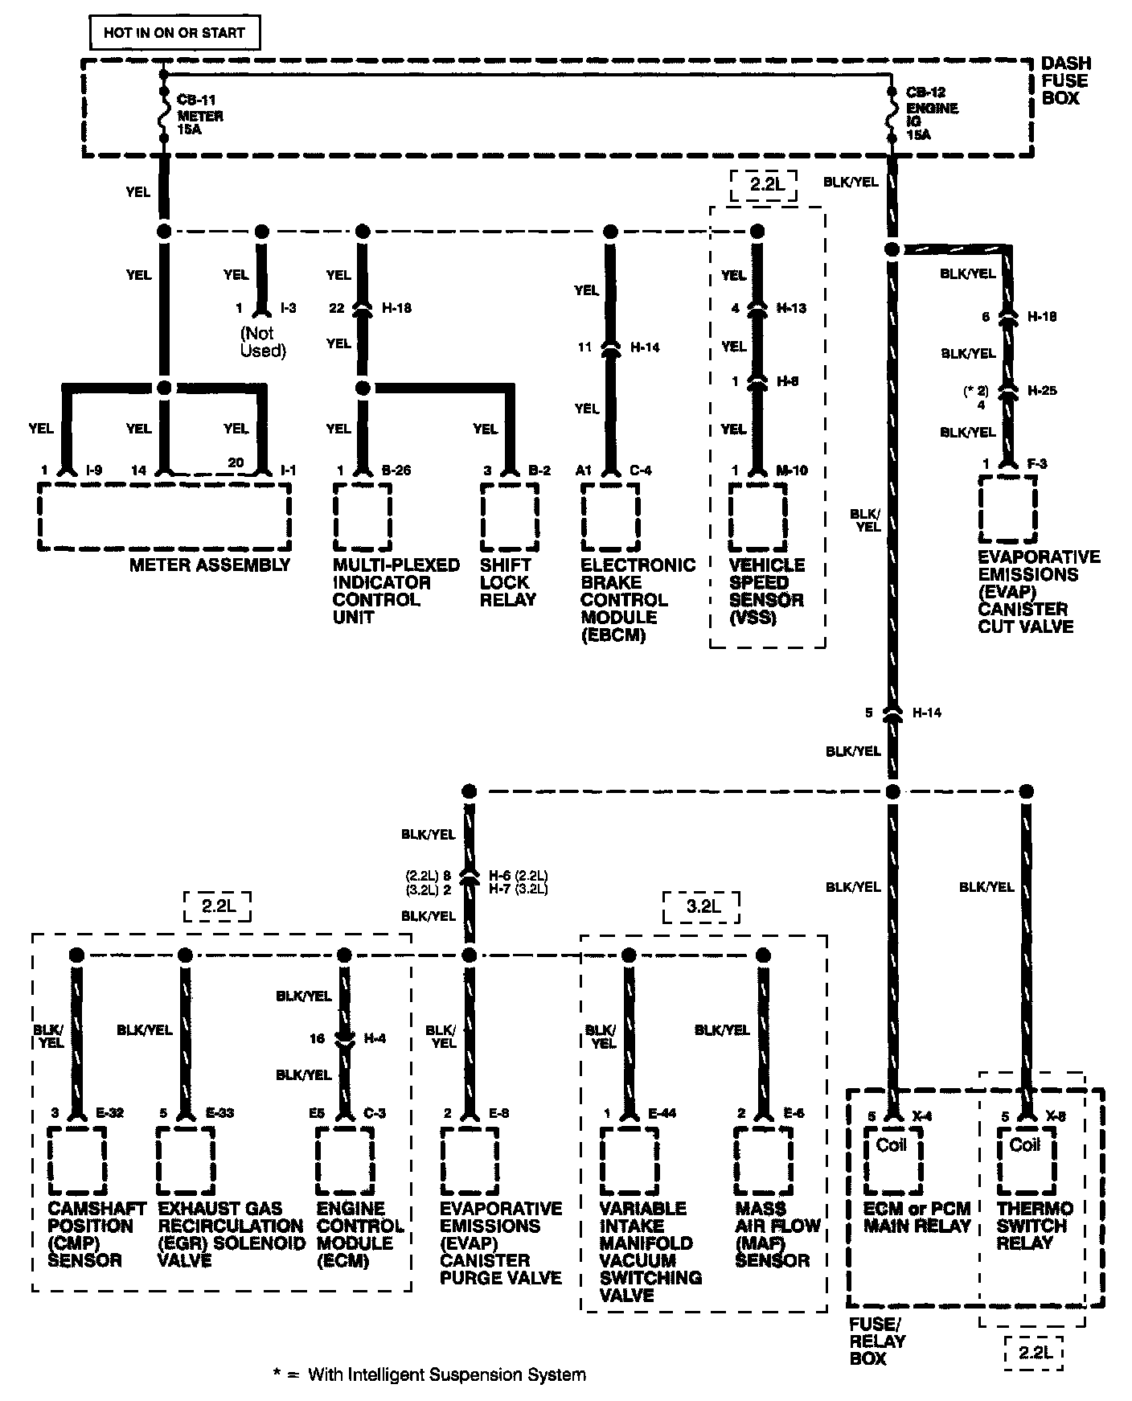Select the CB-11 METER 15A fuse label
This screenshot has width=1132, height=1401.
click(199, 115)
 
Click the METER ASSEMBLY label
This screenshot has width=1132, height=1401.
click(210, 565)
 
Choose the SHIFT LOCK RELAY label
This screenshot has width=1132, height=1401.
click(507, 582)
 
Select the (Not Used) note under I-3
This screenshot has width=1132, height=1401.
click(263, 342)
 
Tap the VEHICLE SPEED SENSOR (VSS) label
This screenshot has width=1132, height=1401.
click(766, 591)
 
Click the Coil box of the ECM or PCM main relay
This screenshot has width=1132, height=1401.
click(892, 1157)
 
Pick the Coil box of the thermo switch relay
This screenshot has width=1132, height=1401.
click(1025, 1157)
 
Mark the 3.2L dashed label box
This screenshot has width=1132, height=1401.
click(701, 907)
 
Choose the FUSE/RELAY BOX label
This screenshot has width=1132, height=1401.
click(877, 1341)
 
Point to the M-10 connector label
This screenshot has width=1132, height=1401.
click(791, 470)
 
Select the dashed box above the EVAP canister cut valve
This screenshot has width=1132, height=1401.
click(1007, 509)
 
